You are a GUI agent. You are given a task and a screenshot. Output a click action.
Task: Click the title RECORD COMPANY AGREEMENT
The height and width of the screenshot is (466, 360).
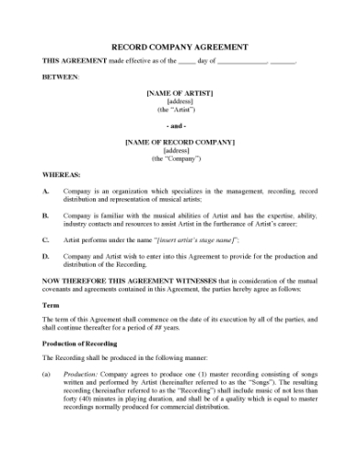pyautogui.click(x=179, y=46)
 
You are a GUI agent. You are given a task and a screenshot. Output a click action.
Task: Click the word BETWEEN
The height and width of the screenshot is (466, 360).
pyautogui.click(x=60, y=77)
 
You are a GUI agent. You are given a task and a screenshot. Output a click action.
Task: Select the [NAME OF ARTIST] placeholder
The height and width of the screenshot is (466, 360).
pyautogui.click(x=179, y=93)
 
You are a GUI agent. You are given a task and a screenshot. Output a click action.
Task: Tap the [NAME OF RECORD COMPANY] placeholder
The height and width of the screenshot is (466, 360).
pyautogui.click(x=179, y=142)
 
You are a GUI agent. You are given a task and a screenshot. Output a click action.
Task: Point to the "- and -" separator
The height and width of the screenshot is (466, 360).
pyautogui.click(x=179, y=125)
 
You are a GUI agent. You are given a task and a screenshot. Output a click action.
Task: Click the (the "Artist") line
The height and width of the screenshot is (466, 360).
pyautogui.click(x=179, y=110)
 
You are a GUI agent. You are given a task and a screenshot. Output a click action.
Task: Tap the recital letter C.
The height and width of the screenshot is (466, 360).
pyautogui.click(x=46, y=239)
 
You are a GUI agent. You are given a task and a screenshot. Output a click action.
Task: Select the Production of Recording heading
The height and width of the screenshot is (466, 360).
pyautogui.click(x=79, y=343)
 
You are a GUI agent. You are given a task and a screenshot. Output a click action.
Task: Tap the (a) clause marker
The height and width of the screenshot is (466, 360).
pyautogui.click(x=47, y=375)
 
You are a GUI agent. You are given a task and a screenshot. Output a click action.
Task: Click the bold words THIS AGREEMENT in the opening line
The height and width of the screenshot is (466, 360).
pyautogui.click(x=75, y=60)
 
